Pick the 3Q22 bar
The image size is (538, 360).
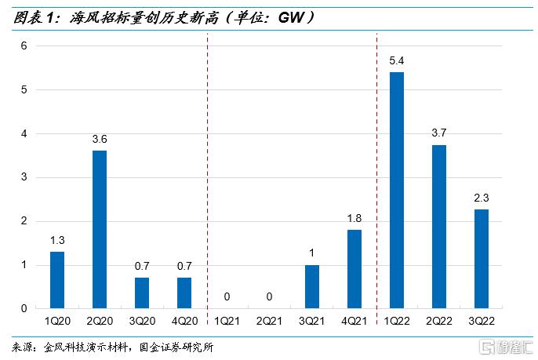482,259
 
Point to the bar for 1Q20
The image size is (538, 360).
57,280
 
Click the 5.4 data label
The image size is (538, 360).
397,60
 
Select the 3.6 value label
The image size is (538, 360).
100,139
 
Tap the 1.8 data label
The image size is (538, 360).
354,218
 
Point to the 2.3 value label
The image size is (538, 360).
482,198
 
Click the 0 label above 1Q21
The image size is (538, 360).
227,297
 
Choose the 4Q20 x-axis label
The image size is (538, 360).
184,322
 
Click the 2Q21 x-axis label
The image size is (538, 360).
270,322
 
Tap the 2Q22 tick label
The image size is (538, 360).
439,322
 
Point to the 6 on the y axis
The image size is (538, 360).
24,46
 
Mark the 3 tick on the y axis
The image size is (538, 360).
24,178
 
